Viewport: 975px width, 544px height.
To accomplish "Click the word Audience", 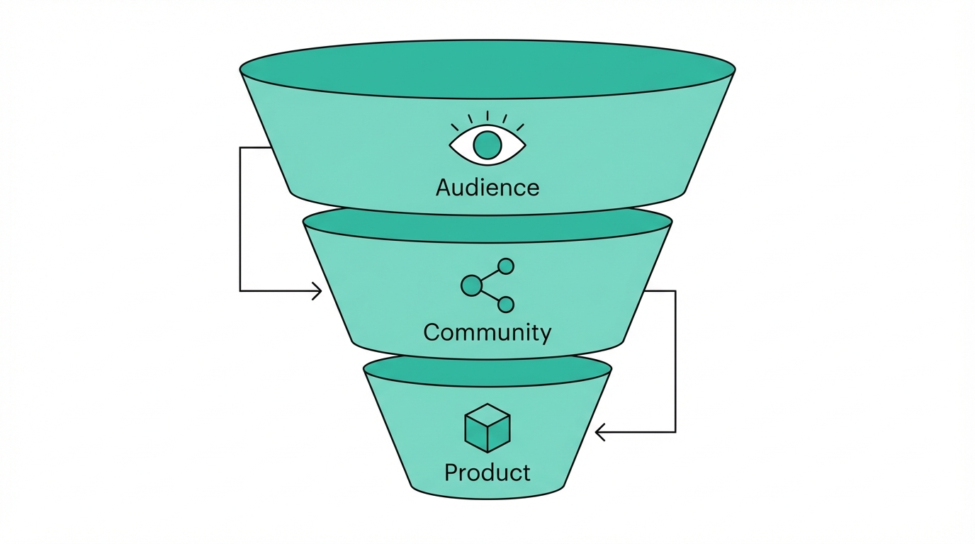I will coord(487,188).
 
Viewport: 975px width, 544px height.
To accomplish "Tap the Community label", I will coord(487,332).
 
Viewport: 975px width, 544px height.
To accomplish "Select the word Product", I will coord(487,472).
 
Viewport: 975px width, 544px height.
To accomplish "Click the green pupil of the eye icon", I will coord(487,145).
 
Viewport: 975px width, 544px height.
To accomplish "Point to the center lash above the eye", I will coord(487,116).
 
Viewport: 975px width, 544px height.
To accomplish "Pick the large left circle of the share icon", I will coord(471,285).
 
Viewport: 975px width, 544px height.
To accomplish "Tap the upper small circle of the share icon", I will coord(506,266).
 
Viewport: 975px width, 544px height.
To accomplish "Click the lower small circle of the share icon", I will coord(506,305).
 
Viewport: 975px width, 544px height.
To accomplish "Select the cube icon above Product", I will coord(487,428).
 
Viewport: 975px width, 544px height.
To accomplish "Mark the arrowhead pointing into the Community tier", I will coord(317,290).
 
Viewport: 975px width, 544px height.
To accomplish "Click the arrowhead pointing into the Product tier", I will coord(600,431).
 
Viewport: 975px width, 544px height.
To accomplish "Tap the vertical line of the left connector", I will coord(240,220).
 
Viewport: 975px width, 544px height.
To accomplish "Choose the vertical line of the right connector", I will coord(675,361).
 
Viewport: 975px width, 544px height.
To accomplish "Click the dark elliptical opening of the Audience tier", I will coord(487,69).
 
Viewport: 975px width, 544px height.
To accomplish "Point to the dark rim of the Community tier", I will coord(487,225).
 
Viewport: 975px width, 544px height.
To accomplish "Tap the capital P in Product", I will coord(451,472).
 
